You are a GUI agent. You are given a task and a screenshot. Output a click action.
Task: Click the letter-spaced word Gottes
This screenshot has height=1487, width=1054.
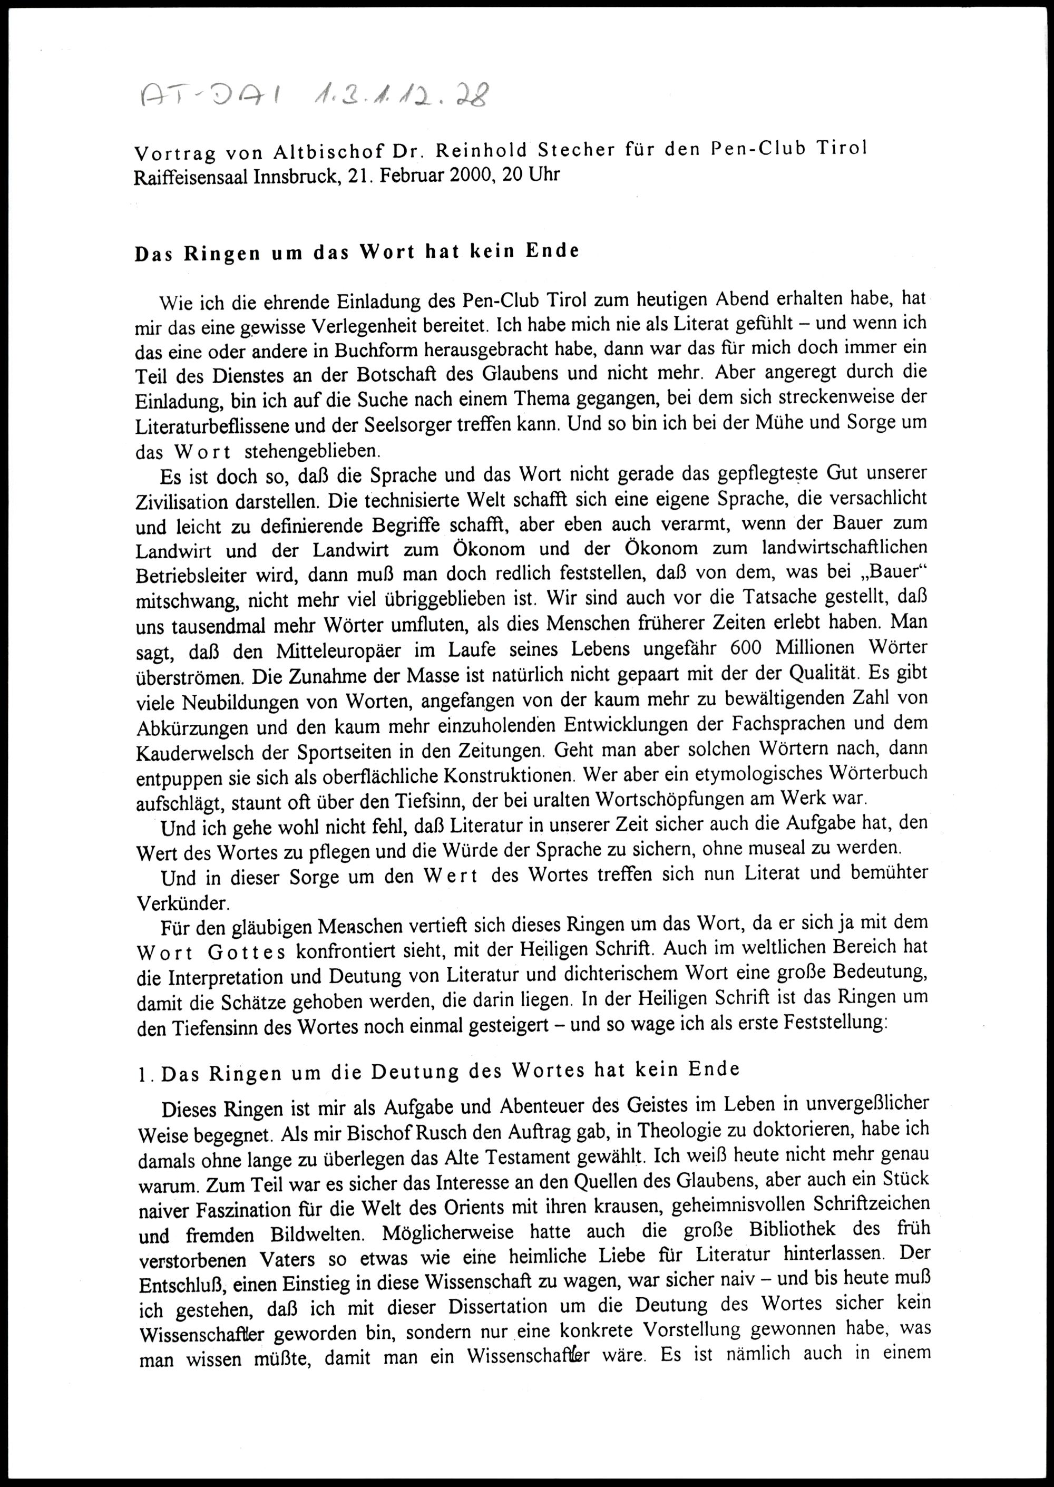pyautogui.click(x=247, y=954)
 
